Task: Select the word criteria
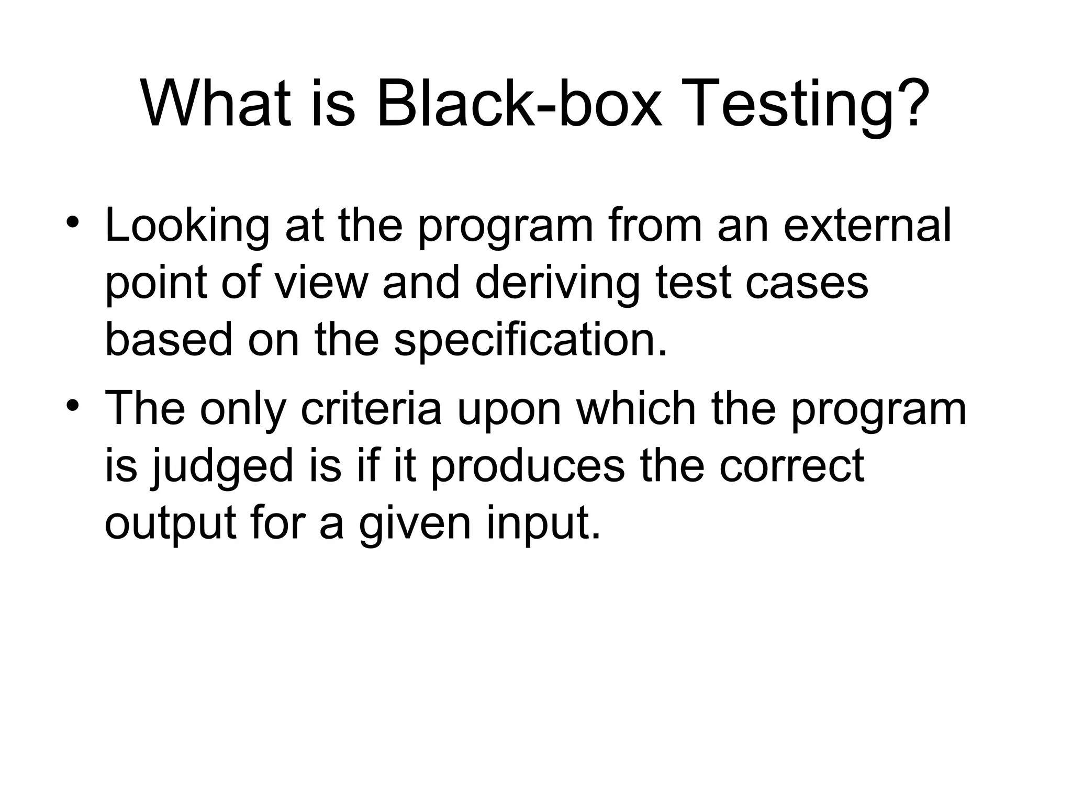coord(372,408)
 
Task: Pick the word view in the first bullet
coord(321,283)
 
